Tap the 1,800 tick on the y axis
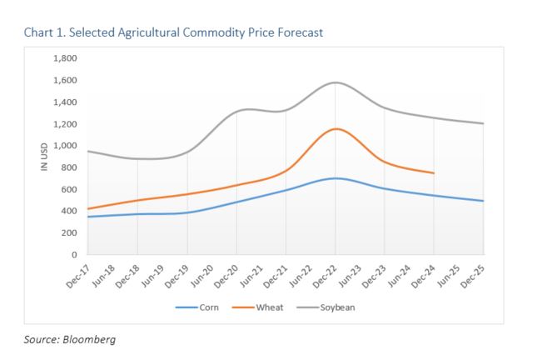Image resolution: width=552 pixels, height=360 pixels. pos(65,58)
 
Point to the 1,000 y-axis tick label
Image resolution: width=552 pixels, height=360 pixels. pos(65,146)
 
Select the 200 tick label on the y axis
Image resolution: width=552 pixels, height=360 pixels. pos(70,232)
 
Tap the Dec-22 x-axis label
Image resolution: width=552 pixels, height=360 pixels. pos(325,273)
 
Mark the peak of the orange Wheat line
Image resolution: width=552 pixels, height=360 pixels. pos(336,128)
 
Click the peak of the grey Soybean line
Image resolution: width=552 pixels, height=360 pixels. pos(336,82)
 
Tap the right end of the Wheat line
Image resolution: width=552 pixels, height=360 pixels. pos(434,172)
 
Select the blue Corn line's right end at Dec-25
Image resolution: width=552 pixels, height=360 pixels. pos(484,201)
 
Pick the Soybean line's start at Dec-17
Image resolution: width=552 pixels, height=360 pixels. pos(87,151)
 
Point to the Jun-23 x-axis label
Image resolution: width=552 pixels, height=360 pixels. pos(350,273)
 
